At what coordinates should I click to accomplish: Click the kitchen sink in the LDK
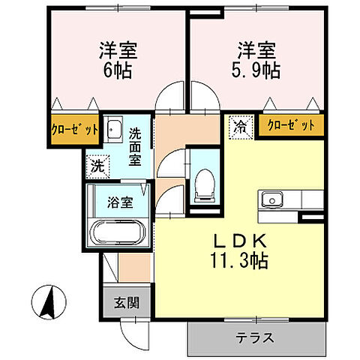click(x=270, y=199)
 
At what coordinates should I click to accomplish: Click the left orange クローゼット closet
click(x=75, y=128)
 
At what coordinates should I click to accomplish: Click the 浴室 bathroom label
click(x=119, y=202)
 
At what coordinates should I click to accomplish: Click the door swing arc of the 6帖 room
click(x=171, y=100)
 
